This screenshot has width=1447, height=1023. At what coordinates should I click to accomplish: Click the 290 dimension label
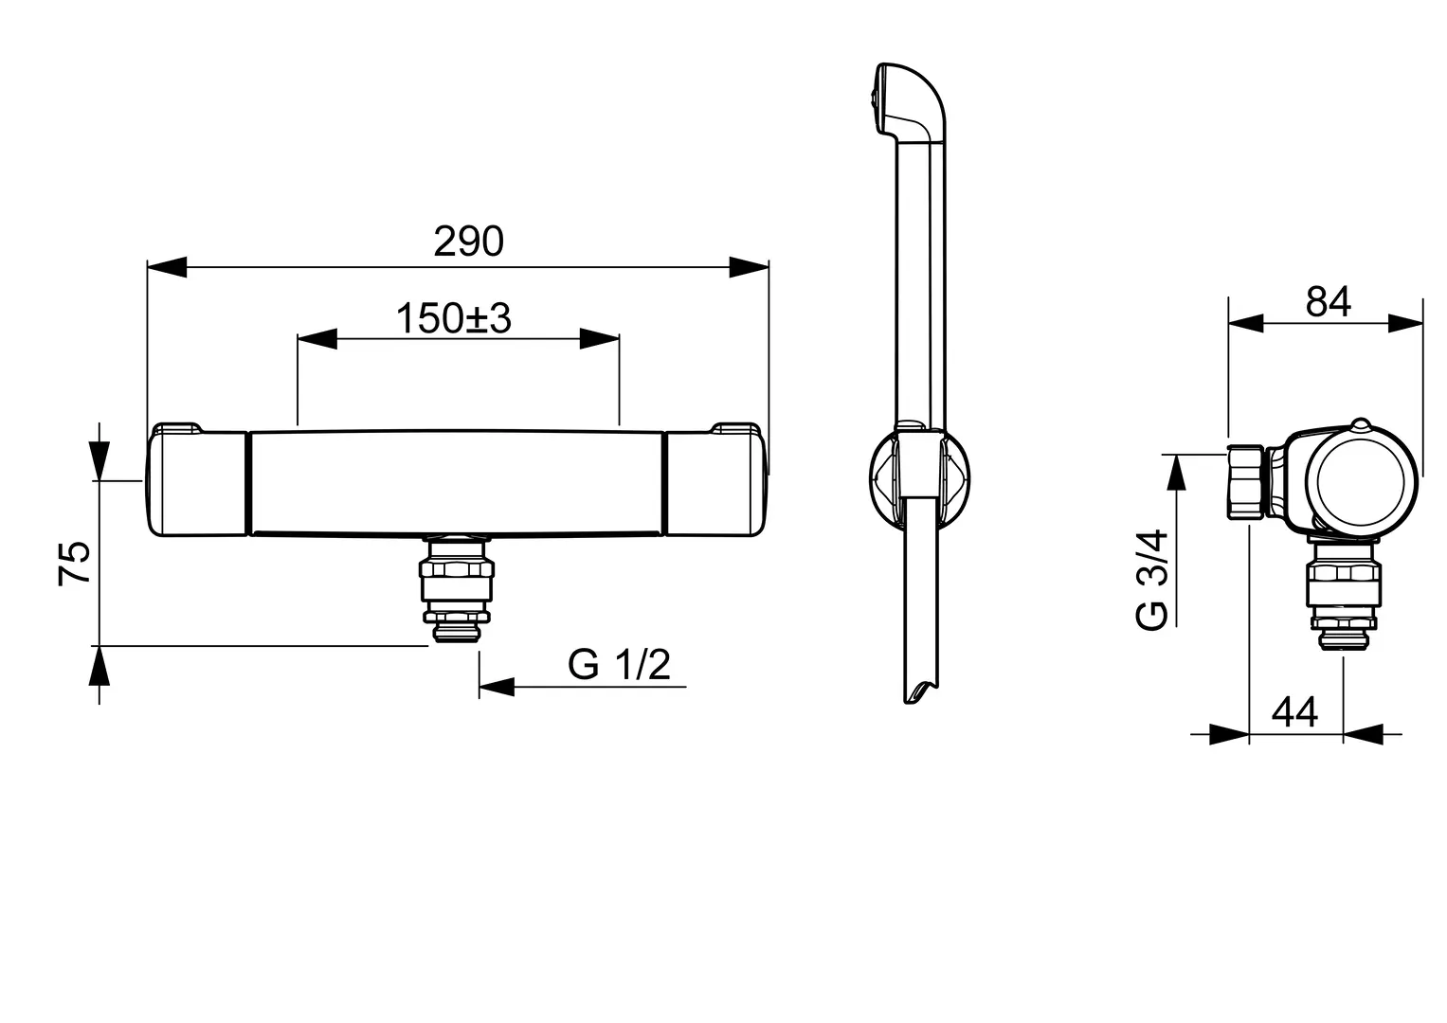click(468, 242)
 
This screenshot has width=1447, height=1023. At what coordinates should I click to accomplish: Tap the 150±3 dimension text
click(454, 318)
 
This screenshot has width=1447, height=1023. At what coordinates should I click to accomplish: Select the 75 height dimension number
click(74, 564)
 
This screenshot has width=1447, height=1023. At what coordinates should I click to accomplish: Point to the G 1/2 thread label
click(619, 664)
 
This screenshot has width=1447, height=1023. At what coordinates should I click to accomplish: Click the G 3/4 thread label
click(1151, 580)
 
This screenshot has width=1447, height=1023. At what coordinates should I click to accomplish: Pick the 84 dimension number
click(1329, 301)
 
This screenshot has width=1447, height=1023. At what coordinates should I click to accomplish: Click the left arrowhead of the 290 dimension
click(167, 267)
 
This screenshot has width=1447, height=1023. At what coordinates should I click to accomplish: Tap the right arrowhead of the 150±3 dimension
click(600, 338)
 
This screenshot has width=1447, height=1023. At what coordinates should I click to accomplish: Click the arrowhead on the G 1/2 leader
click(497, 687)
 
